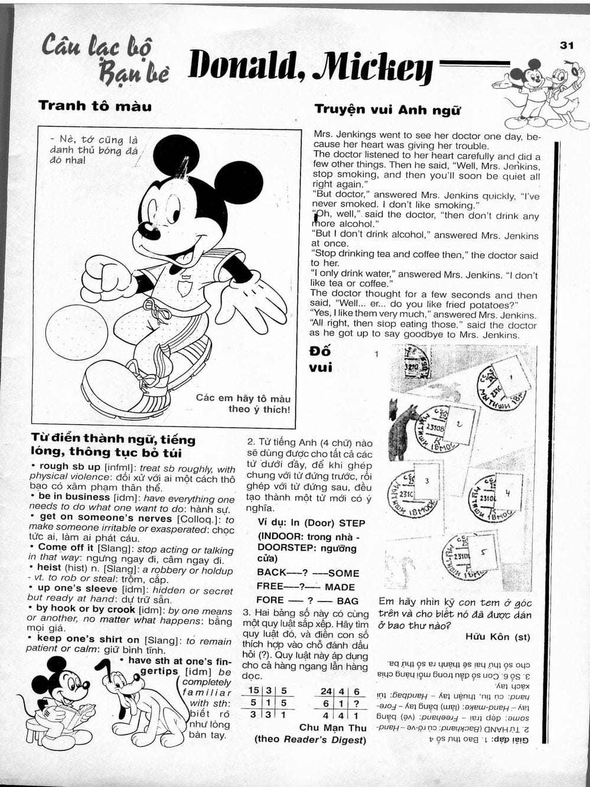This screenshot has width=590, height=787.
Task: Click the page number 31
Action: pos(566,45)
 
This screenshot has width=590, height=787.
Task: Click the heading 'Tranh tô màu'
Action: pos(95,106)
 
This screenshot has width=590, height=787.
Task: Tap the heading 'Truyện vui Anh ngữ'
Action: pos(387,109)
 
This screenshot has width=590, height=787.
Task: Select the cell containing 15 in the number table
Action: pos(253,691)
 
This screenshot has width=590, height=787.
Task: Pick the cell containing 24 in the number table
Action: pos(326,691)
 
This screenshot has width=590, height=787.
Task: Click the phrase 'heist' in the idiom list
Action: pos(49,567)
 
